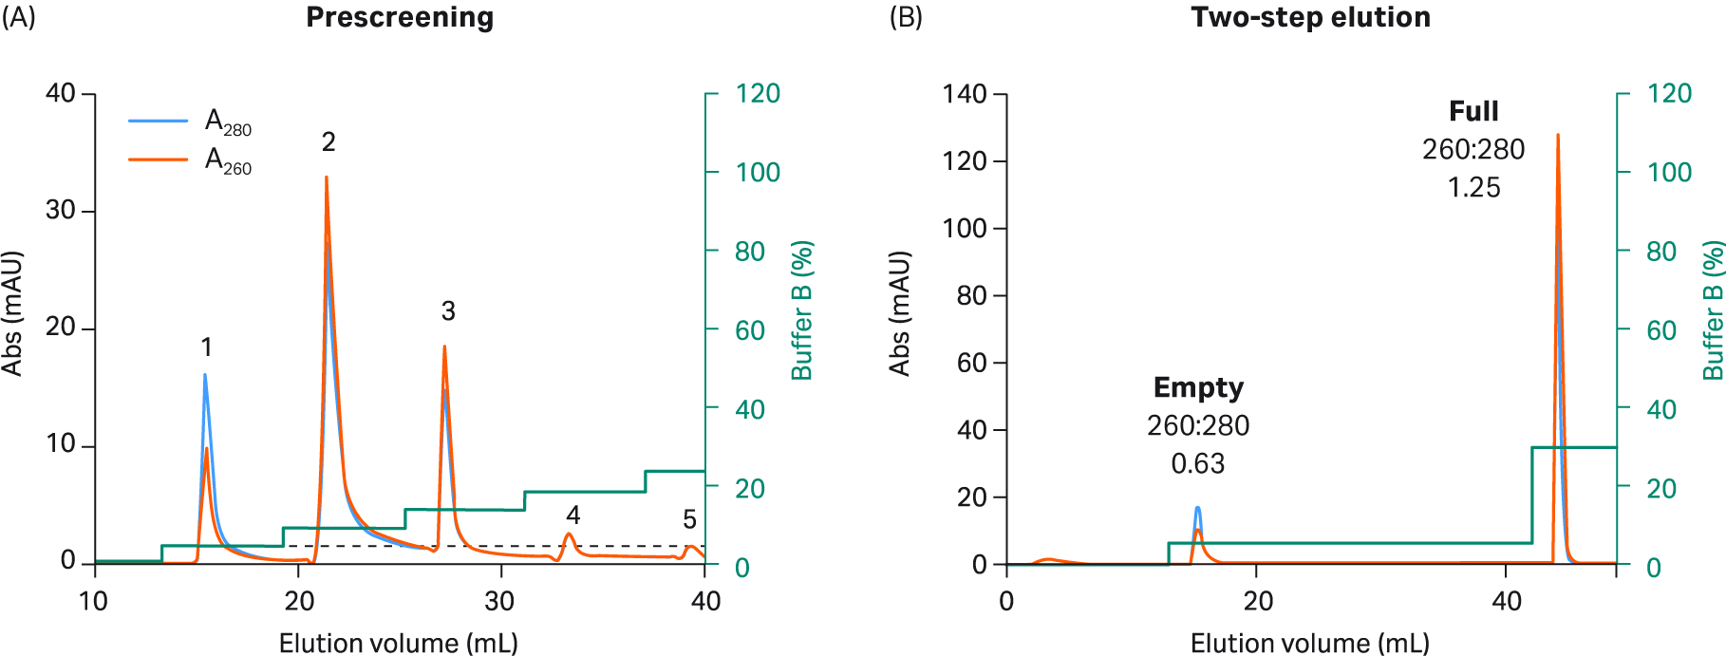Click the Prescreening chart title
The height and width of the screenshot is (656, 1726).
pos(400,18)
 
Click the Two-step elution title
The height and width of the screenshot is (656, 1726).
pos(1310,18)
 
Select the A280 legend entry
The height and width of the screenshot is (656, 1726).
pos(228,122)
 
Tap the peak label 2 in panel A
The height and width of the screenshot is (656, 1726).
pos(328,142)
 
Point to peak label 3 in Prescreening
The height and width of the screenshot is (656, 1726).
pos(448,311)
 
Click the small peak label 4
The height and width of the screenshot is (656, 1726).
pos(572,515)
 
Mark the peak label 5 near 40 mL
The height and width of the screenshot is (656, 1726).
pos(689,520)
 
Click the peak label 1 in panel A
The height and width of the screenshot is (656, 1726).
pos(206,347)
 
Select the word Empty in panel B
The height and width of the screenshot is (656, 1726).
pos(1198,387)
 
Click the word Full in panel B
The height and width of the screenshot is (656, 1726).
pos(1473,112)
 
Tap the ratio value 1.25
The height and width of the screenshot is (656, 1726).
pos(1473,188)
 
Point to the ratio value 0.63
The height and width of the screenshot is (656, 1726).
pos(1198,464)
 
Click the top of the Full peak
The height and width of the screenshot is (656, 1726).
pos(1557,136)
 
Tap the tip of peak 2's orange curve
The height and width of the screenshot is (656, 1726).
pos(327,178)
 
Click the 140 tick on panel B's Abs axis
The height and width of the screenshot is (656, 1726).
pos(965,94)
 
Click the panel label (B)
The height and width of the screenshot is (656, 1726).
pos(905,18)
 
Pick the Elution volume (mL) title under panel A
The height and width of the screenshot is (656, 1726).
pos(399,644)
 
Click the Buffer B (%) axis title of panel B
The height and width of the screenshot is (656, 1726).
pos(1712,310)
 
